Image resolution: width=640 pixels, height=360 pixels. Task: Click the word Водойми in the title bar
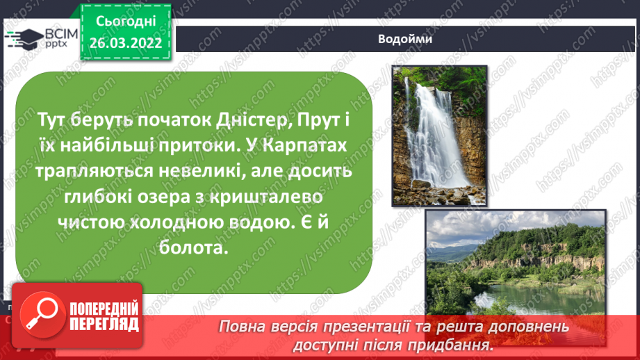pos(405,39)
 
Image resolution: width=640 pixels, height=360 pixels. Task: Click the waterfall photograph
pos(439,136)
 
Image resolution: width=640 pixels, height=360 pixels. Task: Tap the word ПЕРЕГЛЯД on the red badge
pos(104,325)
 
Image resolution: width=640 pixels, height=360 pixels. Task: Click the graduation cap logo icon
pos(23,38)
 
